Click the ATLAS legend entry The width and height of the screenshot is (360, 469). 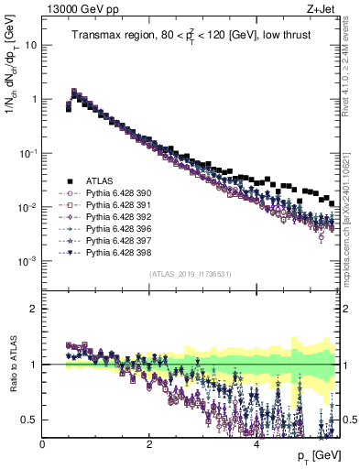(x=96, y=180)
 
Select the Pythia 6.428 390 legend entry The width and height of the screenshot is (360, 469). (x=115, y=192)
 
